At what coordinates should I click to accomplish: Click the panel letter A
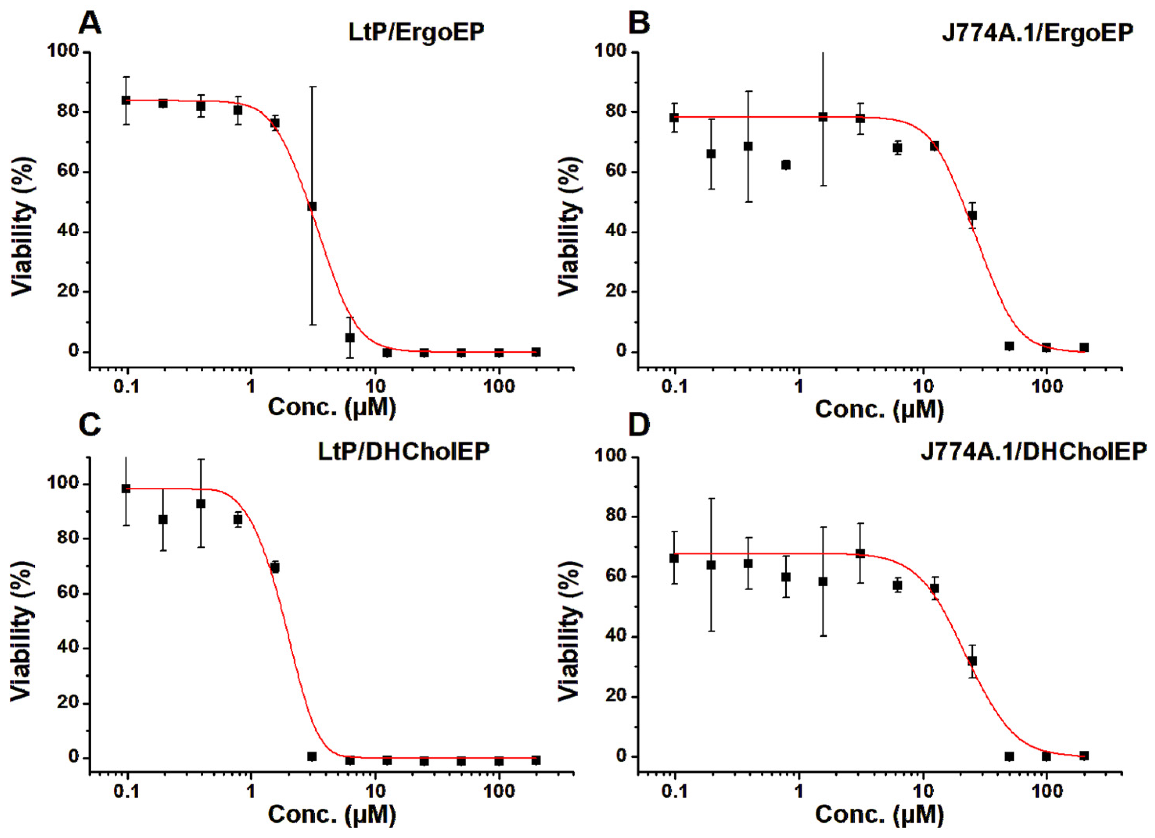[90, 23]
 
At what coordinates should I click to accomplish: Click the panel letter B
[639, 23]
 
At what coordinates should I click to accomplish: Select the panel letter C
[90, 425]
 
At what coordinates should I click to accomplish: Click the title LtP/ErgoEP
[416, 32]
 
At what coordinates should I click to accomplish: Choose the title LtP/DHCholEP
[404, 451]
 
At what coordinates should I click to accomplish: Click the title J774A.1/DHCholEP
[1034, 451]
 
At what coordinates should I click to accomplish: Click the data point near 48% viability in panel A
[312, 206]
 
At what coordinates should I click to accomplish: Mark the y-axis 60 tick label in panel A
[68, 172]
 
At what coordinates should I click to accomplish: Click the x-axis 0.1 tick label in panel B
[675, 387]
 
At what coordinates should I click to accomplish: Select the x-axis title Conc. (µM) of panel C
[332, 815]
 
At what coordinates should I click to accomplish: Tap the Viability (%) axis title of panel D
[569, 632]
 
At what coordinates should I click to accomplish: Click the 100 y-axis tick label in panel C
[63, 483]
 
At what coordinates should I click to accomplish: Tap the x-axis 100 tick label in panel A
[499, 387]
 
